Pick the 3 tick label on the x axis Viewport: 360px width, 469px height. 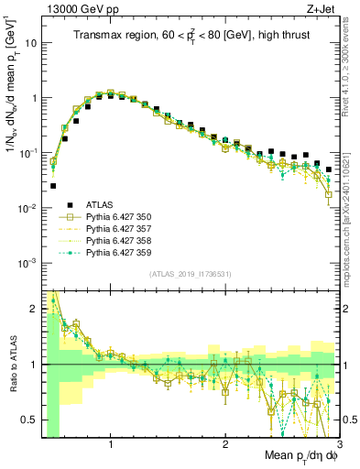click(x=338, y=444)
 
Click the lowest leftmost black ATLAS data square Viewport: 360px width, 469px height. click(x=53, y=186)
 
